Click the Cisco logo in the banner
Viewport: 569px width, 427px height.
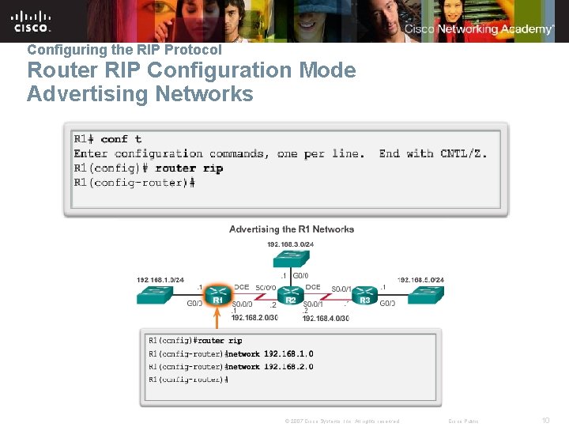32,21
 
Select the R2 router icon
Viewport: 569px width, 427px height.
290,294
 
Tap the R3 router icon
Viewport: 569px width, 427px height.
364,294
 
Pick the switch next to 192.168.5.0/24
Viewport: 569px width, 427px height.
427,294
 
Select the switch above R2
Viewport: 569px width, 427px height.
290,255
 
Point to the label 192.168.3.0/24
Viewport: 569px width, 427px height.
291,244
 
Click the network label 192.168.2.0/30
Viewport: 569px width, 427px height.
254,318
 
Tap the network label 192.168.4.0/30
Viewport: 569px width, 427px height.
325,318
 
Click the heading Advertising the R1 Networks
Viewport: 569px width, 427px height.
292,229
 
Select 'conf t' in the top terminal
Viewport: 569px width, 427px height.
121,139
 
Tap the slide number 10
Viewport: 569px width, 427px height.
545,420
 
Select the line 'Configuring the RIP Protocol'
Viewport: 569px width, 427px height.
124,49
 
